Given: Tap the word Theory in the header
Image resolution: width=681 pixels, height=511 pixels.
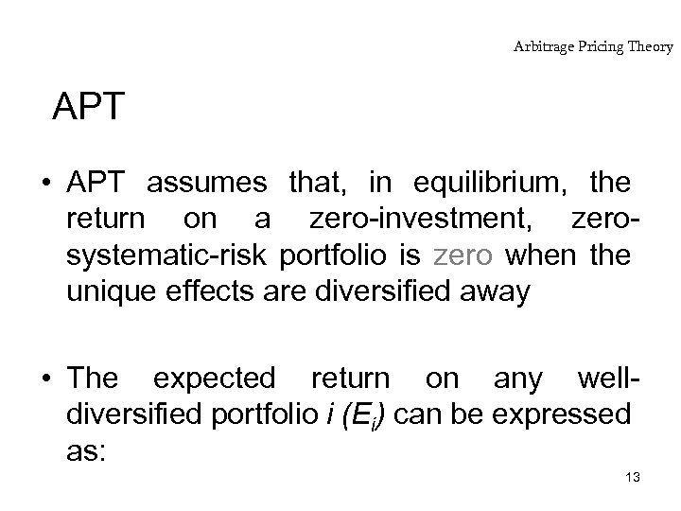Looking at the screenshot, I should click(648, 45).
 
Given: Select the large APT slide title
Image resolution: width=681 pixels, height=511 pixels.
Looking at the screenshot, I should click(88, 108).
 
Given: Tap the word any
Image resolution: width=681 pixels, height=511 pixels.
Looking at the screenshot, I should click(517, 379).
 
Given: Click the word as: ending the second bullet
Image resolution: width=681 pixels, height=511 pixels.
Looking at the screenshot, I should click(88, 452).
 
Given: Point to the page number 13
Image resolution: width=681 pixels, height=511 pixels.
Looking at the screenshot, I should click(633, 478).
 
